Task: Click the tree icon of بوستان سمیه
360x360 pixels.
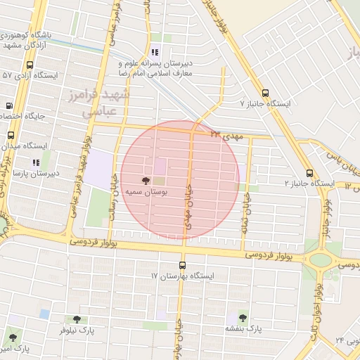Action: click(x=146, y=180)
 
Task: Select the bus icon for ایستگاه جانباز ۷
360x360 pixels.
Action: click(x=265, y=92)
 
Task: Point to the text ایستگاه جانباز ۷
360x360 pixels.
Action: click(x=265, y=103)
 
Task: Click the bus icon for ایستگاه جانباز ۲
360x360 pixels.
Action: click(x=309, y=173)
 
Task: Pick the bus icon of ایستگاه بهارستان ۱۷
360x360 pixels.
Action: click(x=183, y=265)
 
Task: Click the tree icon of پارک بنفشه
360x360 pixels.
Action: click(x=243, y=318)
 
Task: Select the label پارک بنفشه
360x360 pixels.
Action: click(x=243, y=328)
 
